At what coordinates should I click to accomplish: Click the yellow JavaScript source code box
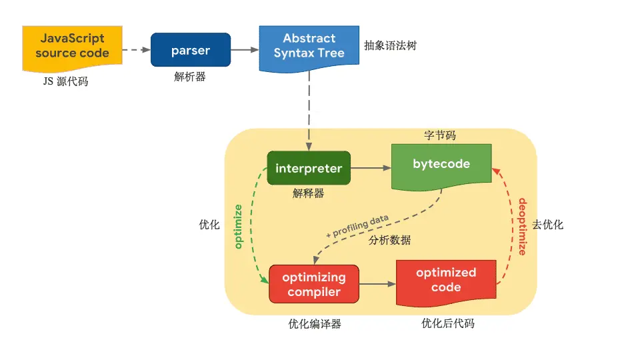tap(72, 47)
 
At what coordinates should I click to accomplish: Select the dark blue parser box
tap(190, 50)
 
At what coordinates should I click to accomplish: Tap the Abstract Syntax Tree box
tap(309, 47)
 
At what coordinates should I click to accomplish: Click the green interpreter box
tap(309, 169)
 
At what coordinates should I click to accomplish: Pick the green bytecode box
tap(441, 165)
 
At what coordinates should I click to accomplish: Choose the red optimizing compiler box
tap(313, 284)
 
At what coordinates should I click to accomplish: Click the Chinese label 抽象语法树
tap(390, 46)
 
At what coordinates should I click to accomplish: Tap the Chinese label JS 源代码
tap(65, 82)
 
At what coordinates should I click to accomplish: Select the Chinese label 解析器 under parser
tap(190, 77)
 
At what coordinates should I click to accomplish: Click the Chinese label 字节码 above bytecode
tap(440, 135)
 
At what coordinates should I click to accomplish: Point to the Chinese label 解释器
tap(308, 193)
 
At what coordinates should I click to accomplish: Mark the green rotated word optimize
tap(238, 227)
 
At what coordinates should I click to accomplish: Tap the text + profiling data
tap(357, 226)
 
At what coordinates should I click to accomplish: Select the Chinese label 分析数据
tap(390, 241)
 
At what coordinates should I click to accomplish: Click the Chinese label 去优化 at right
tap(548, 225)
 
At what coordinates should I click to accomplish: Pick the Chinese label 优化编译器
tap(315, 324)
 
